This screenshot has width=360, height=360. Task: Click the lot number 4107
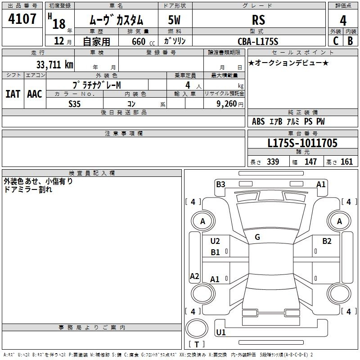pos(22,19)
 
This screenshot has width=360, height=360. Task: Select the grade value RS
pos(258,20)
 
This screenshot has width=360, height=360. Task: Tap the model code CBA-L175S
pos(258,41)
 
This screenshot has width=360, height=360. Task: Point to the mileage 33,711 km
pos(54,65)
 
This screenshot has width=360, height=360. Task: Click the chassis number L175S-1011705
pos(302,143)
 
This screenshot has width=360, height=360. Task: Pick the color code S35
pos(74,104)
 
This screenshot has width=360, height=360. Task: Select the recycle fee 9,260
pos(226,104)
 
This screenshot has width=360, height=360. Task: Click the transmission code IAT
pos(13,94)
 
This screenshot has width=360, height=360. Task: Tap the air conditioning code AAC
pos(35,94)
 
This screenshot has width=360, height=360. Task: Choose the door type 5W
pos(174,20)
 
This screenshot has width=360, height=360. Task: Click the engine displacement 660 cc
pos(143,42)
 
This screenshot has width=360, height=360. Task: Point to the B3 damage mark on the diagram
pos(220,184)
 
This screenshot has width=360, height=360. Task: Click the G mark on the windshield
pos(257,237)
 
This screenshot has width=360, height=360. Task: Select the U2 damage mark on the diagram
pos(215,241)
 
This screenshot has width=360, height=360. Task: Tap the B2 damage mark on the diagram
pos(327,241)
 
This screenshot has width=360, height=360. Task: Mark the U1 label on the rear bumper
pos(221,332)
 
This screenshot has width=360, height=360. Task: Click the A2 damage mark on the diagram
pos(194,276)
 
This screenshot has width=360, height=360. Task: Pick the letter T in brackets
pos(197,344)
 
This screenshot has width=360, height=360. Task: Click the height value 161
pos(346,162)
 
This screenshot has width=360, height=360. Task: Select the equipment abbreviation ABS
pos(258,121)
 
